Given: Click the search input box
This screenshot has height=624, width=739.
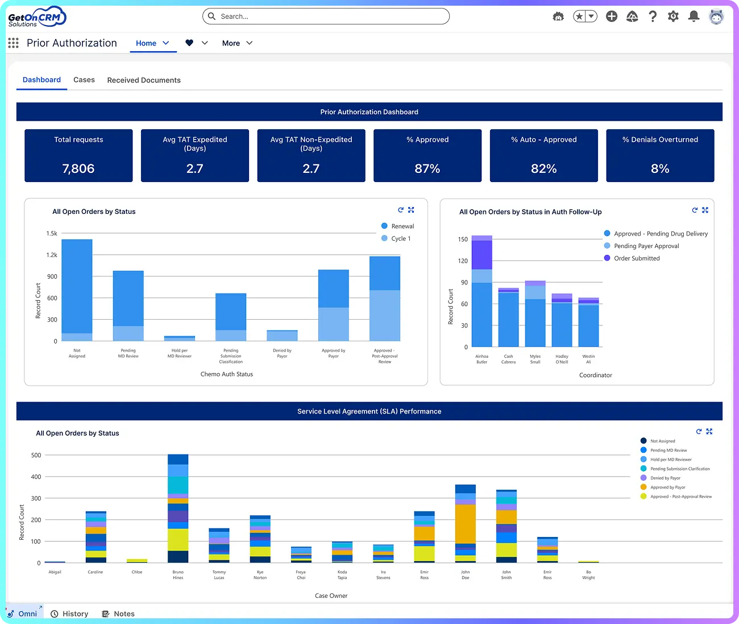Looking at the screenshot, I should (326, 16).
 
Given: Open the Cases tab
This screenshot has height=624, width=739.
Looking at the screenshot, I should (84, 80).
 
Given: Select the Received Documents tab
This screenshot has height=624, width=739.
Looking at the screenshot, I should (144, 80).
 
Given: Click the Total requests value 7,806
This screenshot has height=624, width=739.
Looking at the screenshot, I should (78, 168).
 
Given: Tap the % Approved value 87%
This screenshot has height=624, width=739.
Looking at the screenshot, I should (427, 168).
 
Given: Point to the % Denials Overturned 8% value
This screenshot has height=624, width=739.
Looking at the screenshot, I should (660, 168).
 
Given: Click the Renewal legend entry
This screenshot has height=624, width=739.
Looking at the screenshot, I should (402, 226).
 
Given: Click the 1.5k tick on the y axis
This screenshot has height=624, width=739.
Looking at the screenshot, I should (52, 233).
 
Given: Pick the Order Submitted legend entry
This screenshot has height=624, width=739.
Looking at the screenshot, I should (636, 258).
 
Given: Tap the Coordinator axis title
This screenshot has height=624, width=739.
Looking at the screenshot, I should (595, 375).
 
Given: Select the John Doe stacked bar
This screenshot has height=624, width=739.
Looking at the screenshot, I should (466, 523).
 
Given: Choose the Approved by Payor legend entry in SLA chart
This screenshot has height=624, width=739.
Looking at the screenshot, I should (667, 487).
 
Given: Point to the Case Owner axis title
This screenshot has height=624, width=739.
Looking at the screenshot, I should (331, 596).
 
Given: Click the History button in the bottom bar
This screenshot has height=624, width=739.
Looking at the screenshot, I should (70, 614).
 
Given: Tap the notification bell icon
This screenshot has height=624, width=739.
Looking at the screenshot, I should (694, 16).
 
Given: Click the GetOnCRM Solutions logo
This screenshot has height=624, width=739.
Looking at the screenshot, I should (37, 17).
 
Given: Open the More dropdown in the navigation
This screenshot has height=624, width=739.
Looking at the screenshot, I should (237, 43).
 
